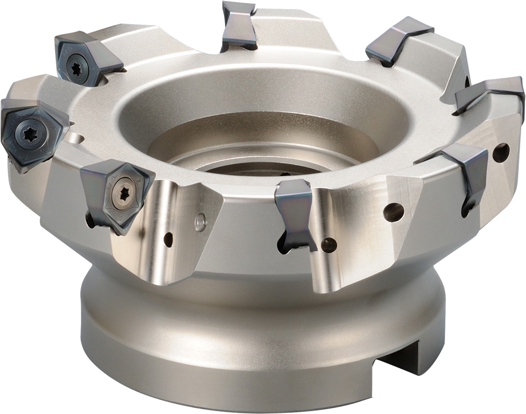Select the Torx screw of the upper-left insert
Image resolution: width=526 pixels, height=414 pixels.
(76, 66)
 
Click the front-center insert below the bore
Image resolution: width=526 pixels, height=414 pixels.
(295, 210)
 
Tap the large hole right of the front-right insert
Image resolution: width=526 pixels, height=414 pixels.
(501, 153)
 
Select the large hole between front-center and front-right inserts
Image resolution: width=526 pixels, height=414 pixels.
(393, 212)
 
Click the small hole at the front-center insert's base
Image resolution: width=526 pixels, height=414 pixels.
(329, 244)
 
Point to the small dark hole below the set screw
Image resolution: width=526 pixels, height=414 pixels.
(168, 239)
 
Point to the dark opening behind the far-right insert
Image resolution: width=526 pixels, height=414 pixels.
(467, 82)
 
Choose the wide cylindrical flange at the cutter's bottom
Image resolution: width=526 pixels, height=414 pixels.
(237, 337)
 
